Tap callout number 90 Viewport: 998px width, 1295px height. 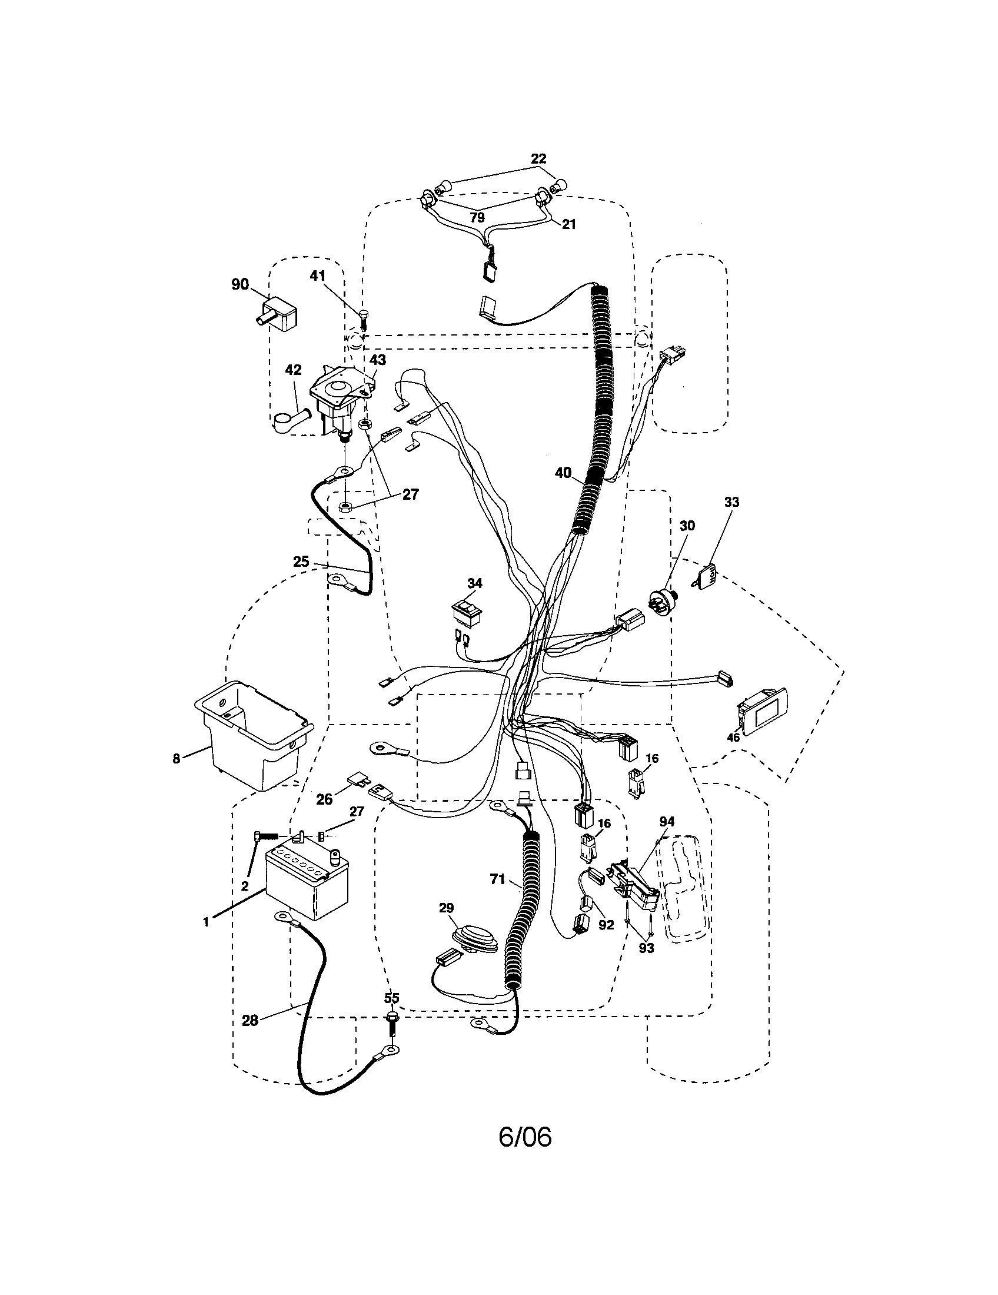[240, 284]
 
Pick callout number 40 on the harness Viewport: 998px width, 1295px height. [563, 473]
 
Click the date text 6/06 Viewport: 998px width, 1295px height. [525, 1153]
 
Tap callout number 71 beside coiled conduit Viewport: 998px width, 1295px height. [498, 896]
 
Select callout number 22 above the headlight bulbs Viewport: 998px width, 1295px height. [538, 159]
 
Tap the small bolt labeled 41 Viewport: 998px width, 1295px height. [364, 317]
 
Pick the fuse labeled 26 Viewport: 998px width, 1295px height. [358, 778]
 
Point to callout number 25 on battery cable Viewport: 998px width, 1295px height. [301, 561]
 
